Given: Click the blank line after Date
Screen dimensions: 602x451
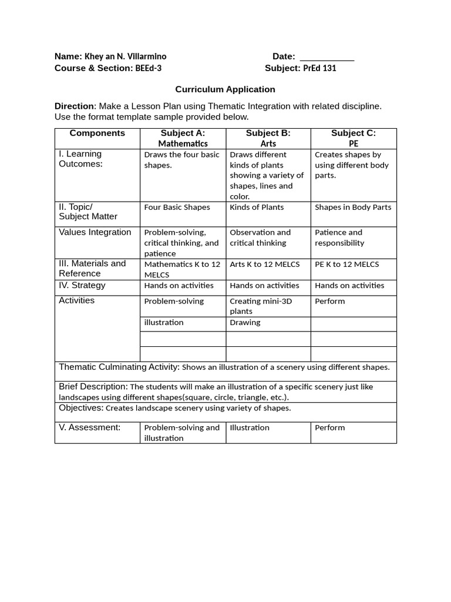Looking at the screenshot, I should tap(327, 58).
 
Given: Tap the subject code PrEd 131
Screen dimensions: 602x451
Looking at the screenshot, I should tap(319, 68).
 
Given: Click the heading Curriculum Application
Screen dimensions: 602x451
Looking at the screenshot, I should tap(225, 89).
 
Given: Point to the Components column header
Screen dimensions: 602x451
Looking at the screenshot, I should tap(97, 133).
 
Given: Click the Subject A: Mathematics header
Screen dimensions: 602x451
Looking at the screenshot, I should tap(183, 138).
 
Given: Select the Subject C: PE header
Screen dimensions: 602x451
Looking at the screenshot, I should tap(354, 138).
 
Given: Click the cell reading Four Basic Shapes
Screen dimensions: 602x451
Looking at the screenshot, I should tap(177, 208).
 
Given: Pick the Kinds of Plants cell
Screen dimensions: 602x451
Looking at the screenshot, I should tap(257, 208).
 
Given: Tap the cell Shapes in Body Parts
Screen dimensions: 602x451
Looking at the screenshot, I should tap(353, 208).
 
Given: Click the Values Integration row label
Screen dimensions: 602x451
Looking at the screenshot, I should tap(95, 232).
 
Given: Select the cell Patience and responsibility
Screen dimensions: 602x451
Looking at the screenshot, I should tap(339, 238).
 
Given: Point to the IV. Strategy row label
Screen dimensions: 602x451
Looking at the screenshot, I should tap(82, 286).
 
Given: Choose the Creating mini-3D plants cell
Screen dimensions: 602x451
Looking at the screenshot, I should tap(261, 306).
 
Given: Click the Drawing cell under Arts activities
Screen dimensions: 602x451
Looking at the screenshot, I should tap(245, 323).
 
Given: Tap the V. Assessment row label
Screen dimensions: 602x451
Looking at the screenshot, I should tap(90, 427).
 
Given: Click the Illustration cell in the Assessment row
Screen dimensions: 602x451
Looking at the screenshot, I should tap(250, 428).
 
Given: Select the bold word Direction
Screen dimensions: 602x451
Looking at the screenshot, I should tap(74, 106).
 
